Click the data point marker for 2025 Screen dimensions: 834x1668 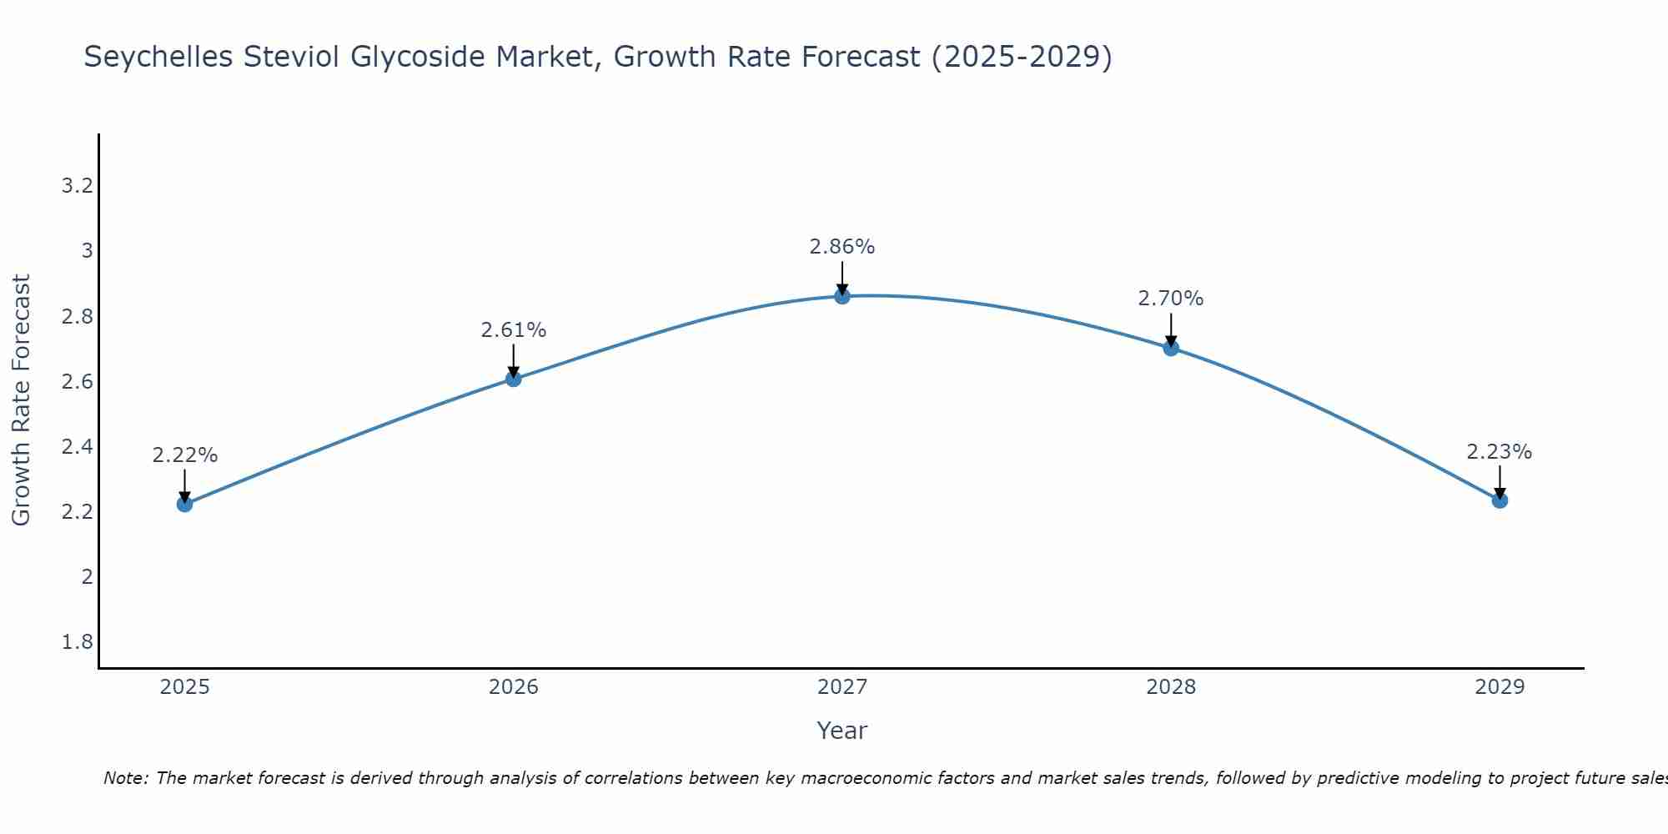[185, 504]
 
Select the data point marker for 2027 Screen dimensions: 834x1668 [842, 296]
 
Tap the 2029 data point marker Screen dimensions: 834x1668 [1500, 500]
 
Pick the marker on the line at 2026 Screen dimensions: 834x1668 [514, 379]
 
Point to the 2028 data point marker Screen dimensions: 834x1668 [1171, 348]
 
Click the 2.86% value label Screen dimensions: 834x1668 [842, 247]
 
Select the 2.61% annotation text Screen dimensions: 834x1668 [514, 330]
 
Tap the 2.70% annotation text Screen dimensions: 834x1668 [1171, 299]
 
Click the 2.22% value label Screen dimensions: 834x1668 [185, 455]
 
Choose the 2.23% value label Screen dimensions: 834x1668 [1500, 452]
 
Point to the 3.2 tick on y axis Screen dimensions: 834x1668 [78, 186]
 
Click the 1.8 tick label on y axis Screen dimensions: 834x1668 [78, 642]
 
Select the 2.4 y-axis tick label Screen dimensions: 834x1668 [78, 447]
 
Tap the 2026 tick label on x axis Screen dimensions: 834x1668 [514, 687]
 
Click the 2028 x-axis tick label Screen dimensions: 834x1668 [1171, 687]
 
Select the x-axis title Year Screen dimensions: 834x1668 [842, 731]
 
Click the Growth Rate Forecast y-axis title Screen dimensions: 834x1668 [21, 400]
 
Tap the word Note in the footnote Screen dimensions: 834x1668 [125, 778]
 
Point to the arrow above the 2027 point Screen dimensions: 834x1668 [842, 277]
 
